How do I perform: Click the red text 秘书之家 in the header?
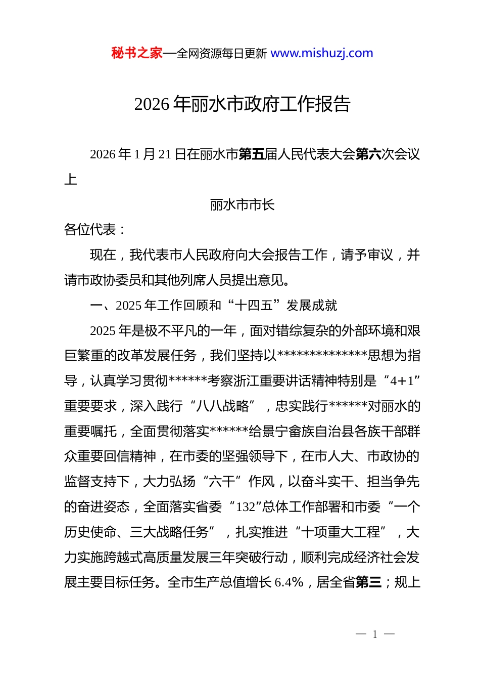[x=137, y=53]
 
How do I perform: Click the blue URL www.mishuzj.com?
[x=322, y=53]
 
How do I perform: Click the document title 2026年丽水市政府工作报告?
[x=242, y=104]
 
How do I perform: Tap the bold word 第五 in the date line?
[x=251, y=154]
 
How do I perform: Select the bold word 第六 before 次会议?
[x=368, y=154]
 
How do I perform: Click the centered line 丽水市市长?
[x=242, y=205]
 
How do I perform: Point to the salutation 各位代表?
[x=90, y=230]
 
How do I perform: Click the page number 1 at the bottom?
[x=375, y=634]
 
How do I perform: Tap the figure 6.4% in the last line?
[x=289, y=582]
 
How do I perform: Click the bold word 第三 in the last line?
[x=368, y=582]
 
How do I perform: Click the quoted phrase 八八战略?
[x=222, y=406]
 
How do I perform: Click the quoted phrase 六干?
[x=222, y=482]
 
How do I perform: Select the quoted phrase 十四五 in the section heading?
[x=254, y=306]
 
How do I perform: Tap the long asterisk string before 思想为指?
[x=322, y=356]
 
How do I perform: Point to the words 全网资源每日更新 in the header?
[x=221, y=54]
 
